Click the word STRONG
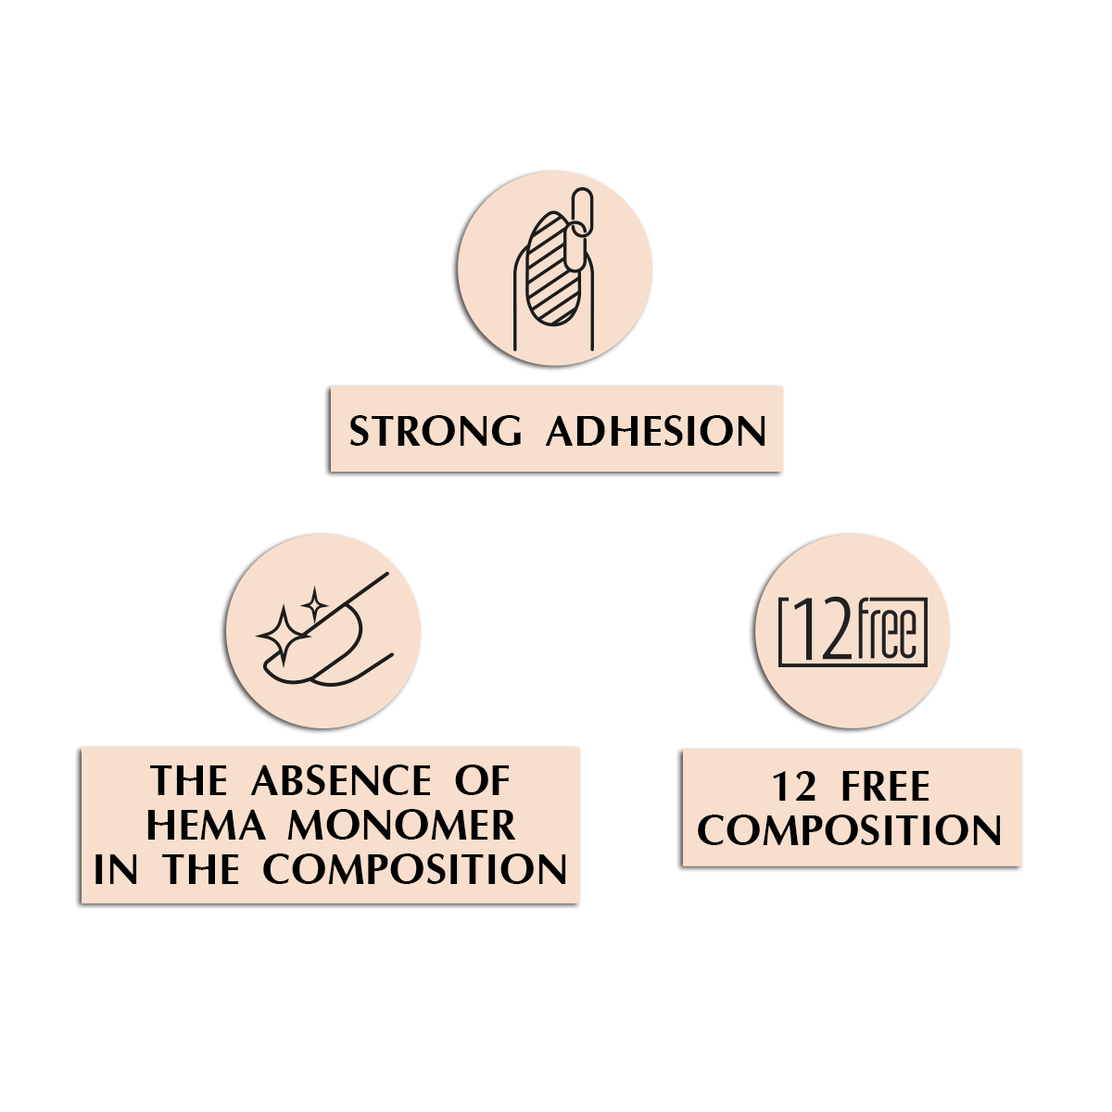436,432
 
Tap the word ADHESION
657,432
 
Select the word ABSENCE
342,781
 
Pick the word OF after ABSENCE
482,781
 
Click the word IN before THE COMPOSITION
116,869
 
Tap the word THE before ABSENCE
190,781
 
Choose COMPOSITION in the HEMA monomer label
414,869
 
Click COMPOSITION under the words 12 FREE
849,829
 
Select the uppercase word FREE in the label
885,788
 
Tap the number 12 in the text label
793,788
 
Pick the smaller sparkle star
314,605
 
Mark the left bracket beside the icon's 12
787,633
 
